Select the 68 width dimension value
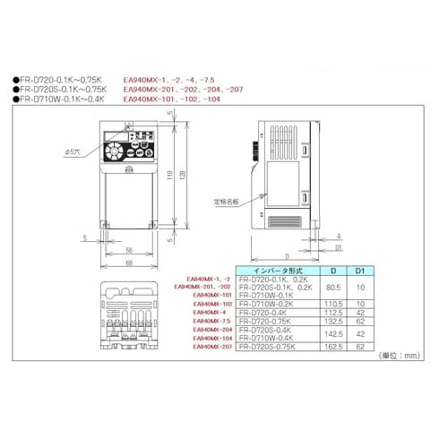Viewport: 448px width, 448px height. tap(129, 263)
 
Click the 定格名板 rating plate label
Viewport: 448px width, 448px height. tap(226, 202)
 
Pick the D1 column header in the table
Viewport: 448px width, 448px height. tap(359, 268)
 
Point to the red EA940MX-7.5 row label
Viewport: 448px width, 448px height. tap(213, 320)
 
